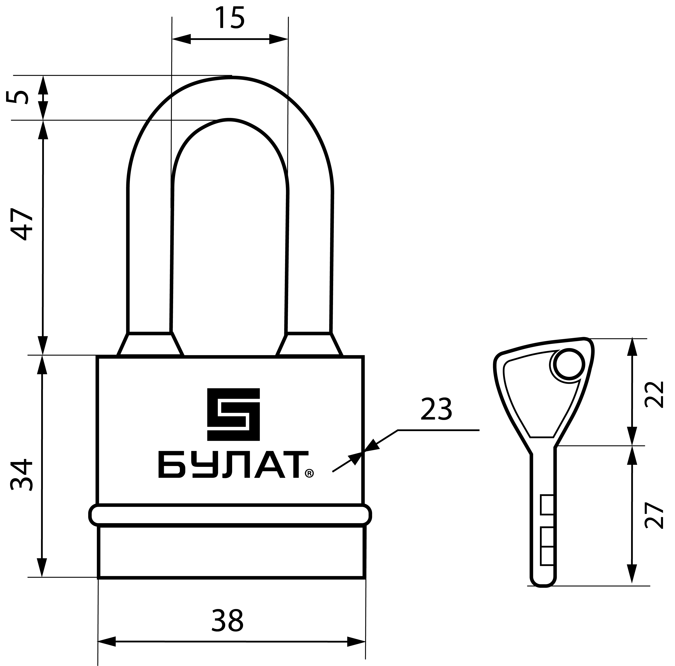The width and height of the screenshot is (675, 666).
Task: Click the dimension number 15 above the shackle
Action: pyautogui.click(x=230, y=18)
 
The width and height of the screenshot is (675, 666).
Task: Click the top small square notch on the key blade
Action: pyautogui.click(x=547, y=505)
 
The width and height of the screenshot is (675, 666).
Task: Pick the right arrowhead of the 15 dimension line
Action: pyautogui.click(x=278, y=39)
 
